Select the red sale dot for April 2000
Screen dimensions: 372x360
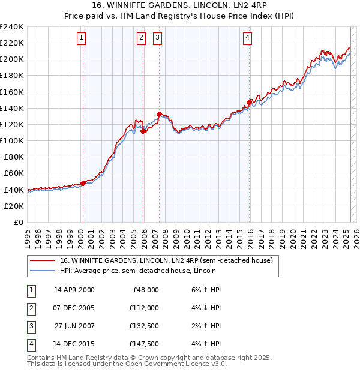(83, 183)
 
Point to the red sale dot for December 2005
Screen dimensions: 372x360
(143, 131)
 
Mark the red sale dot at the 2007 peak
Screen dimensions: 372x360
(159, 114)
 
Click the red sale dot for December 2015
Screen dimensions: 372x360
(249, 102)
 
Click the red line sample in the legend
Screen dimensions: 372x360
(43, 260)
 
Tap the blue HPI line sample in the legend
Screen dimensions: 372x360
(43, 271)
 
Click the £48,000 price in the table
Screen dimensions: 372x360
(145, 290)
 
